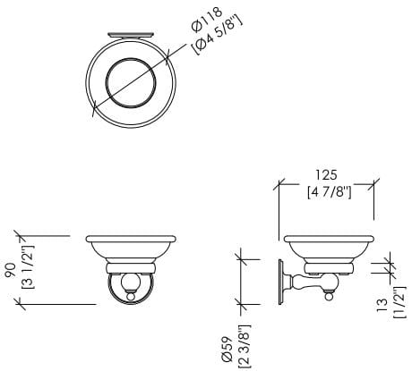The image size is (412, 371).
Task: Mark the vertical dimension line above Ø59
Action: pos(242,282)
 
